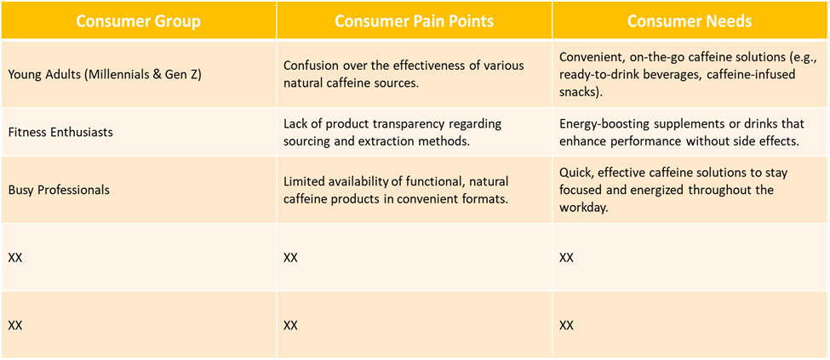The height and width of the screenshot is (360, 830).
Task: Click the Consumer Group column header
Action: pos(138,21)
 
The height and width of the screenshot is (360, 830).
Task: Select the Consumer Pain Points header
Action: pos(414,21)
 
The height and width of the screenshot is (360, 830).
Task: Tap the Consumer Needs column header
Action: pos(690,21)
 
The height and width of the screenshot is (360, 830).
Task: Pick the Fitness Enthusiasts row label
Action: pos(60,132)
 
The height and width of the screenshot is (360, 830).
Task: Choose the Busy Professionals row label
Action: pos(59,190)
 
